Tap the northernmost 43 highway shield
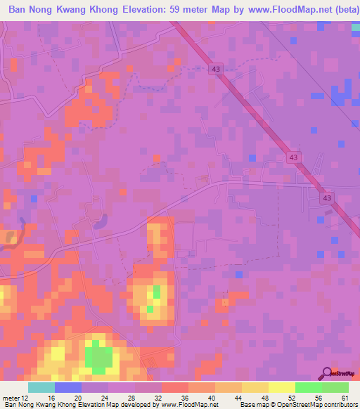point(215,68)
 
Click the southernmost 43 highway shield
point(328,198)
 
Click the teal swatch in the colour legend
point(41,387)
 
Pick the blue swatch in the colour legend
point(67,387)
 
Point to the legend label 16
point(51,397)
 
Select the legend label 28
point(132,397)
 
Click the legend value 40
point(212,397)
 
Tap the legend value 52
point(292,397)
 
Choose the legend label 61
point(345,397)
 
